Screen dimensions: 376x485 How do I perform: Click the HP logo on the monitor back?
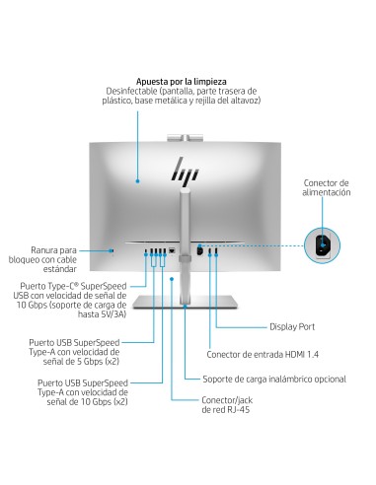(x=185, y=170)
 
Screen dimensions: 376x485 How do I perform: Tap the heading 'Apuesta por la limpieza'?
(x=182, y=81)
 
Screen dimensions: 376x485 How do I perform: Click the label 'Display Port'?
(x=292, y=326)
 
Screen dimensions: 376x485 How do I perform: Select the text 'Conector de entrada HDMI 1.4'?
(x=263, y=354)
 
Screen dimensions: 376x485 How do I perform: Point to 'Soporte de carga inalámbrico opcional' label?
(x=274, y=379)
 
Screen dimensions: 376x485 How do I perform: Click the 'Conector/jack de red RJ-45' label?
(x=227, y=405)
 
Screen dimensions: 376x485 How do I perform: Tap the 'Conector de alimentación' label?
(x=327, y=187)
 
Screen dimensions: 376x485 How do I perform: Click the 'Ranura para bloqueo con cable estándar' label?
(x=42, y=259)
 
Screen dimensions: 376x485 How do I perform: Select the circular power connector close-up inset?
(x=322, y=245)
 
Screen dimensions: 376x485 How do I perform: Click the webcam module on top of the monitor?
(x=185, y=138)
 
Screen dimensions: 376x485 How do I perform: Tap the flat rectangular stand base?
(x=185, y=302)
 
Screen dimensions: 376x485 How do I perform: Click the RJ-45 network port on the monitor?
(x=172, y=251)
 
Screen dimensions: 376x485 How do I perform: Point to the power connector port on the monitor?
(x=199, y=250)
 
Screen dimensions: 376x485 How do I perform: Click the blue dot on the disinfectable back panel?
(x=137, y=180)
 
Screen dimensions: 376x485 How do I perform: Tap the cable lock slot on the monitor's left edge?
(x=113, y=250)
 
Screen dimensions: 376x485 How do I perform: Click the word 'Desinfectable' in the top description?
(x=127, y=91)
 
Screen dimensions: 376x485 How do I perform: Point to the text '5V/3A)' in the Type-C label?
(x=113, y=314)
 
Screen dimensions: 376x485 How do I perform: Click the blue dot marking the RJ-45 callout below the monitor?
(x=172, y=279)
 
